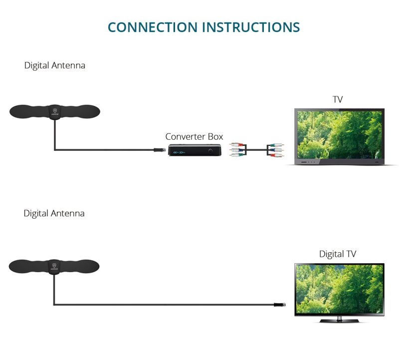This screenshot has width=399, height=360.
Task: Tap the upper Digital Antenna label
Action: point(54,65)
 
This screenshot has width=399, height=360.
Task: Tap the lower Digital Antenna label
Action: point(54,213)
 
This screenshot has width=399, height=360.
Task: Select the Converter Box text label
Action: point(194,136)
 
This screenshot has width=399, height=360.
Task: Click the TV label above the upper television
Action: point(338,99)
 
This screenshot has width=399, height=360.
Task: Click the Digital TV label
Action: point(338,254)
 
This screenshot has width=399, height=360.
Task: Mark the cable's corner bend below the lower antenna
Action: point(54,304)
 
